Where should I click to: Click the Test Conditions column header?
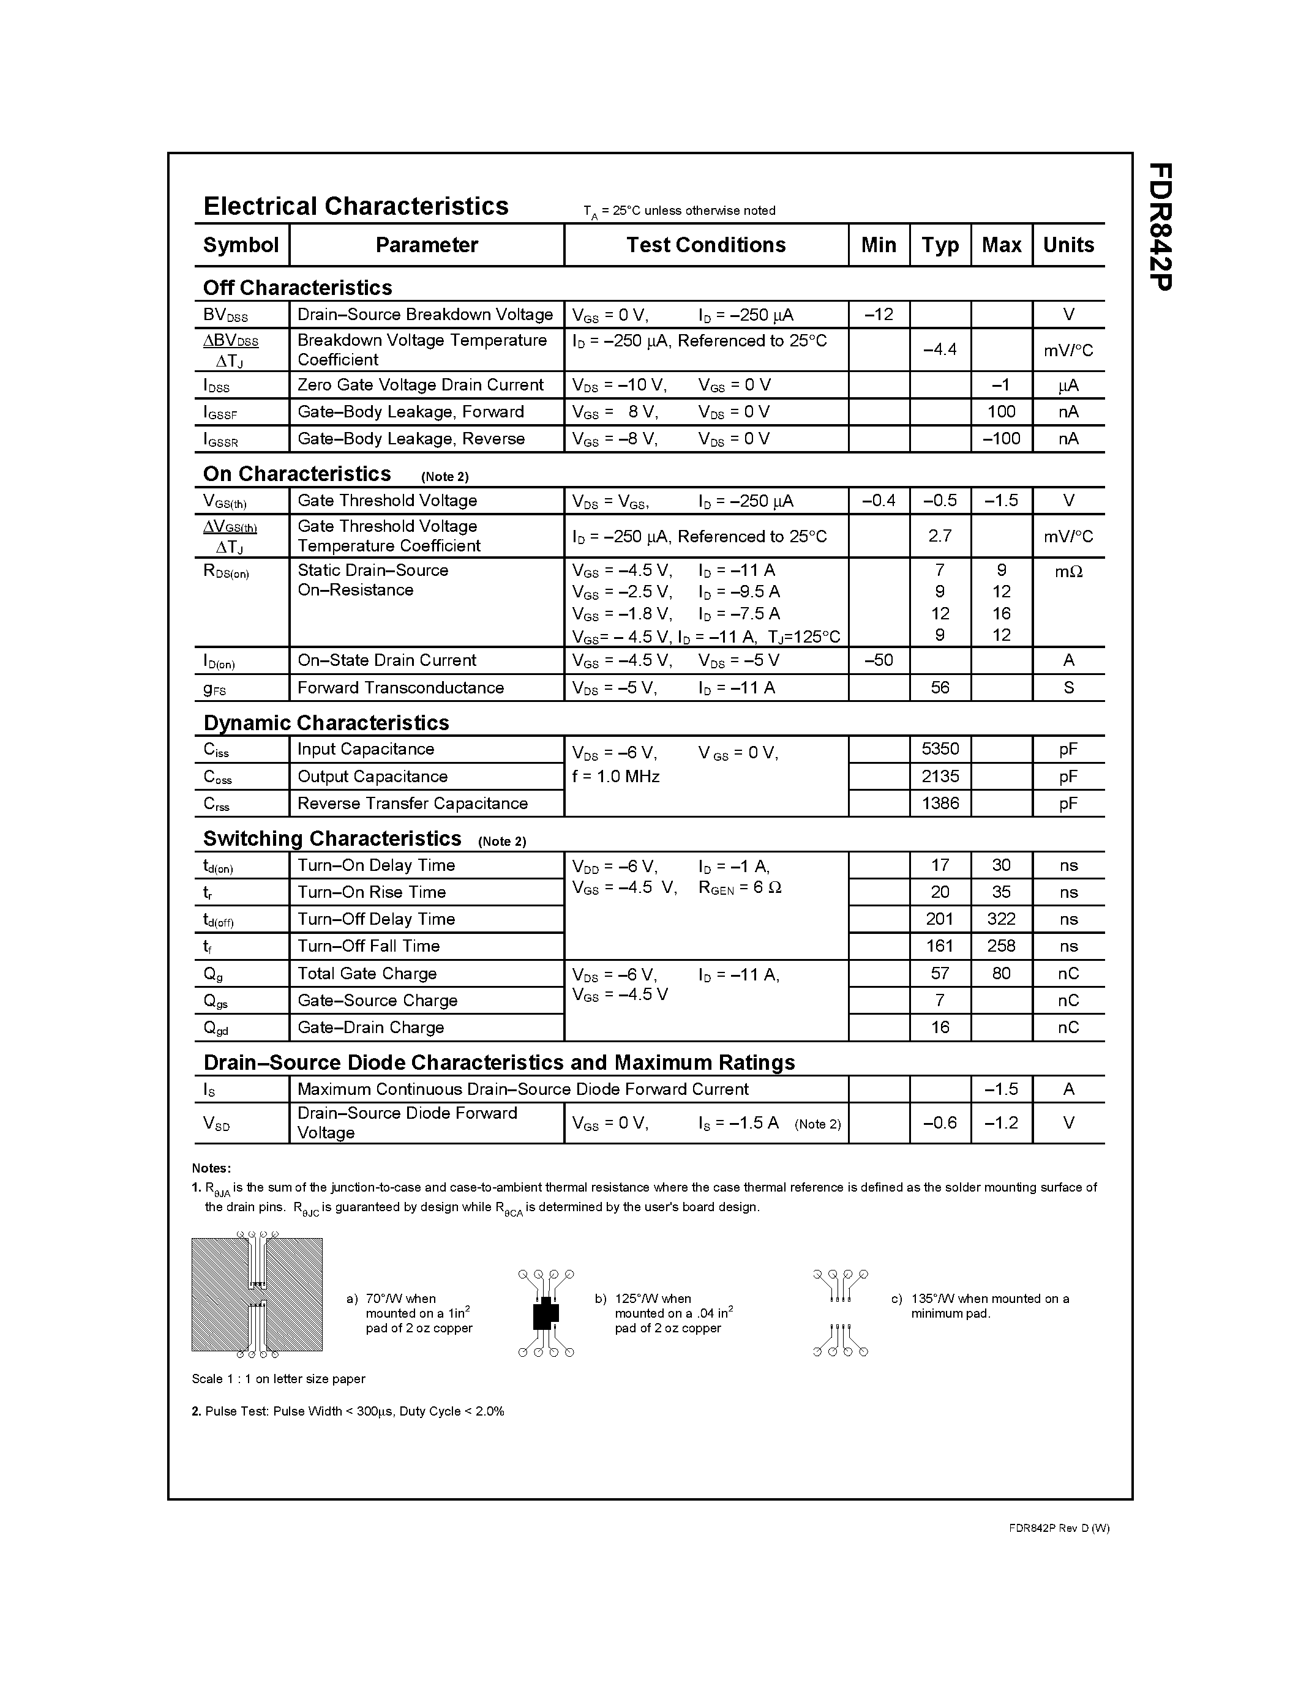click(x=705, y=245)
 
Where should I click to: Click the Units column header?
click(x=1068, y=245)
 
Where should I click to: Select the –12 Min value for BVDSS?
click(x=879, y=315)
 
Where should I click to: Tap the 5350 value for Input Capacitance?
click(x=940, y=749)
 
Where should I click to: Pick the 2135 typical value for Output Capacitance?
click(x=940, y=776)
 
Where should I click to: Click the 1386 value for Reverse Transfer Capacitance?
click(x=940, y=803)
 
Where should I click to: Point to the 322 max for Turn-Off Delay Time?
click(x=1001, y=919)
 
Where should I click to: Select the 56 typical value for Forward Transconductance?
click(x=940, y=687)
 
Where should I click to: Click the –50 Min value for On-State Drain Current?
click(x=879, y=660)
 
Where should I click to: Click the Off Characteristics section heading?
click(x=298, y=288)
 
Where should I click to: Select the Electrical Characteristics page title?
click(x=355, y=206)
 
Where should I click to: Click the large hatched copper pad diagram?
click(x=257, y=1294)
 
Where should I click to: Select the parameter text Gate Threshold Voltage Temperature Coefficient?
click(x=388, y=535)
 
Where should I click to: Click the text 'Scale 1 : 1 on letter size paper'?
click(x=278, y=1379)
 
